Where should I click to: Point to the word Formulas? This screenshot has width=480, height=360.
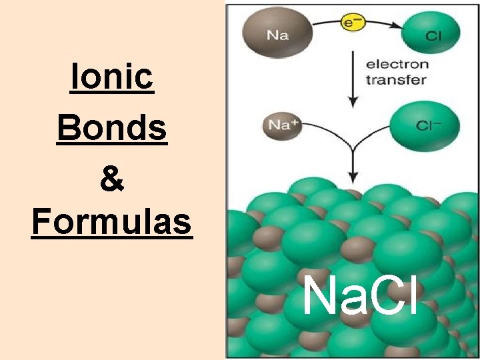tap(112, 223)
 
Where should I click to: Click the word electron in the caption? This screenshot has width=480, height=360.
tap(397, 66)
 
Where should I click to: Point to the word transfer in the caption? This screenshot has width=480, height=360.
tap(396, 80)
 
